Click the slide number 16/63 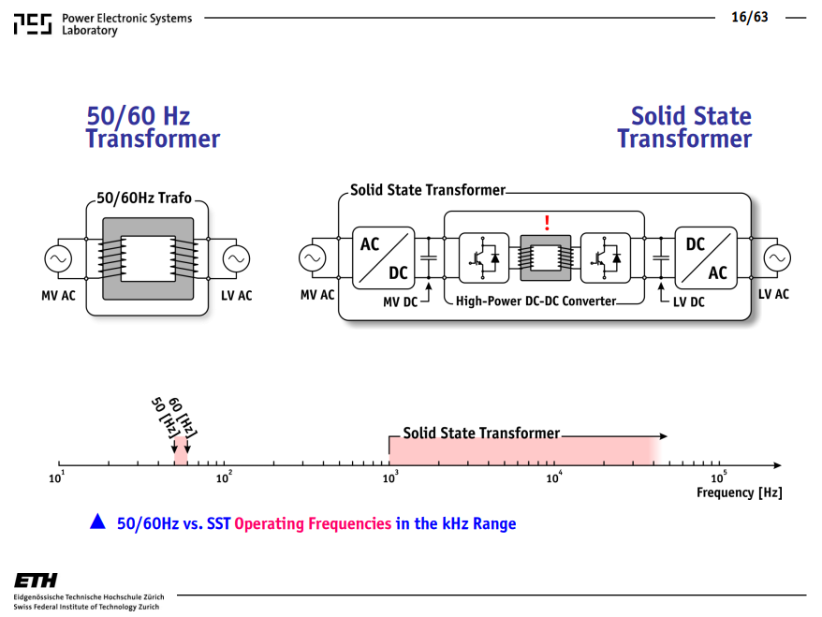point(750,17)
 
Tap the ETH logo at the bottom point(36,580)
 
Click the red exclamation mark point(547,223)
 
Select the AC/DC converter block point(383,257)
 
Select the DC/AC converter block point(706,257)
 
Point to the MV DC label point(400,302)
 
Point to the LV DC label point(689,302)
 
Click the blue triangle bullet point(97,522)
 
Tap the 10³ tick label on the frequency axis point(390,477)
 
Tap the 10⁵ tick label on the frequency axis point(719,477)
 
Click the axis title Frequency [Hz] point(740,492)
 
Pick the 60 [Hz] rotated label point(183,418)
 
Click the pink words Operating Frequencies point(313,523)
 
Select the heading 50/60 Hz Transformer point(153,127)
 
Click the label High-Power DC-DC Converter point(536,301)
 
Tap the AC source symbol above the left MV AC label point(58,258)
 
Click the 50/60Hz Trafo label point(144,198)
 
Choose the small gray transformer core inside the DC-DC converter point(545,257)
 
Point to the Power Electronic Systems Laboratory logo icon point(33,24)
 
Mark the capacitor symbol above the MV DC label point(428,257)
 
